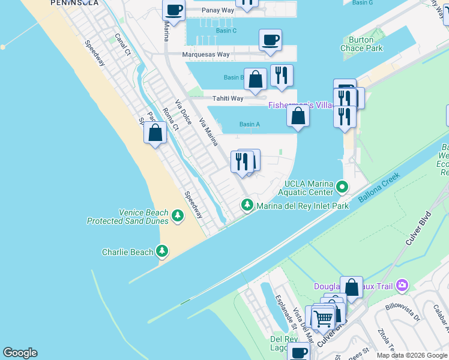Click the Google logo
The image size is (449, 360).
coord(20,353)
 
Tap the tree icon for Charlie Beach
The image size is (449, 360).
coord(161,251)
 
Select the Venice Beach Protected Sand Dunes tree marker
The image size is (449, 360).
coord(178,215)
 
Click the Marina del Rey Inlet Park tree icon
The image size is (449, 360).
coord(247,205)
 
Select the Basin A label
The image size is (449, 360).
coord(249,125)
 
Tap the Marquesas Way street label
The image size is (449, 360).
coord(206,55)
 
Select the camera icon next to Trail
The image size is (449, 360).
coord(402,286)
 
